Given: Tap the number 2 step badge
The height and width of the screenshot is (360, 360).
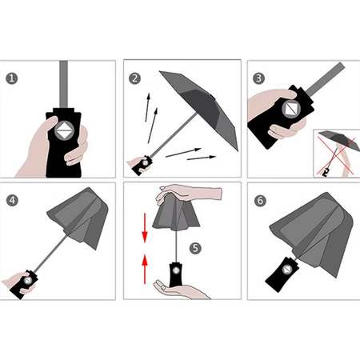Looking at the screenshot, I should [134, 78].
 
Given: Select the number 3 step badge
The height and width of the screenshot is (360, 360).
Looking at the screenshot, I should [258, 78].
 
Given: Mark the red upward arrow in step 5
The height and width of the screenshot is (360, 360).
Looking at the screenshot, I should [144, 264].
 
